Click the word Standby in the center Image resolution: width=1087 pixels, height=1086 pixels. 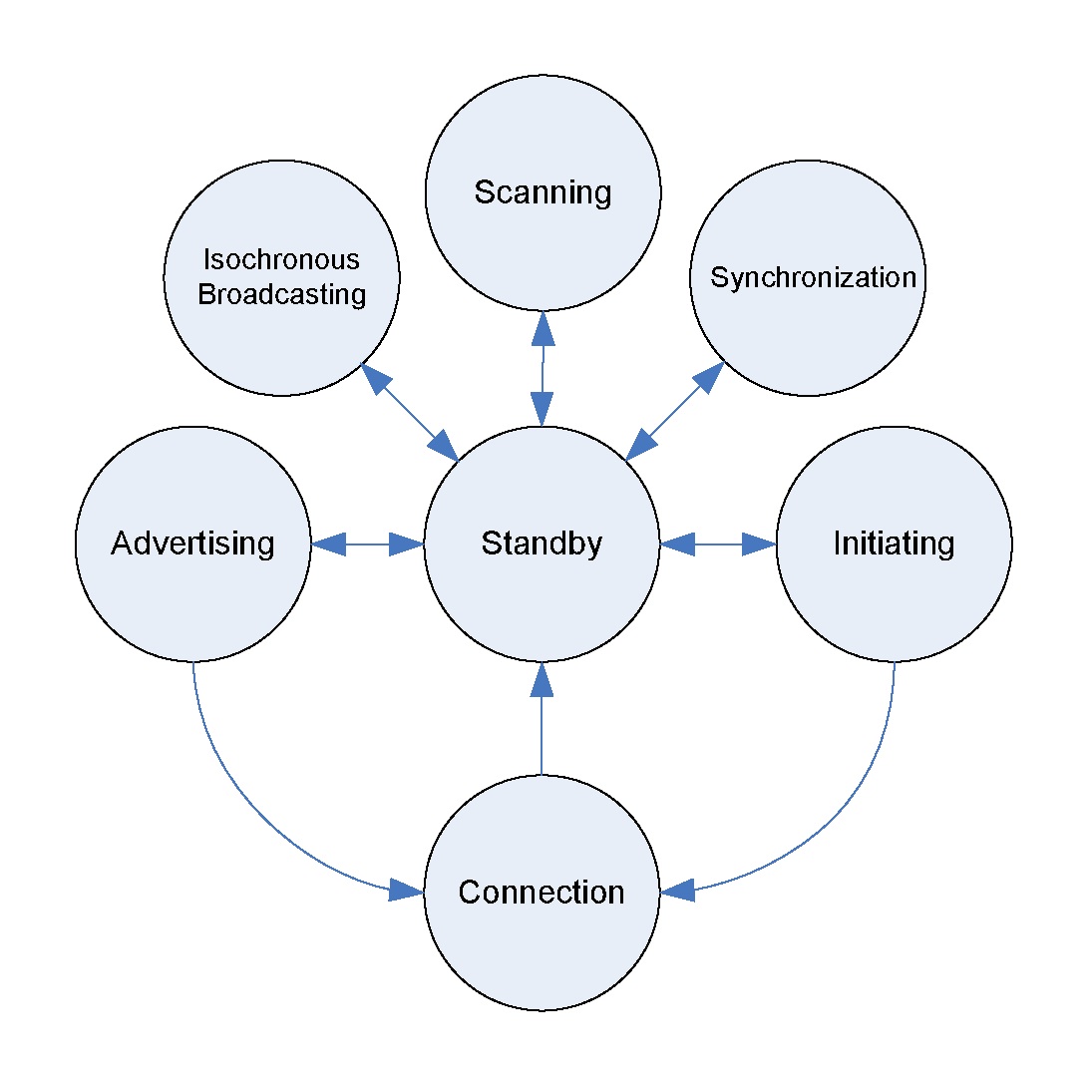542,543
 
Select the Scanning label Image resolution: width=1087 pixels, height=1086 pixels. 543,191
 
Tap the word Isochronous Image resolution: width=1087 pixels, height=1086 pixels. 281,260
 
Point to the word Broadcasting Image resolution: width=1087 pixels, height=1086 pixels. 281,295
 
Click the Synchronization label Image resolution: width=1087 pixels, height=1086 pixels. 813,277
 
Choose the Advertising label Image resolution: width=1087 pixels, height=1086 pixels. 192,543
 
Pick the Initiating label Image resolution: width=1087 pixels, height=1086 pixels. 894,543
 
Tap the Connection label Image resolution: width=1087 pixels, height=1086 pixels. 542,892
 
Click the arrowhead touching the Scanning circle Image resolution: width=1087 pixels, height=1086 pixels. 543,327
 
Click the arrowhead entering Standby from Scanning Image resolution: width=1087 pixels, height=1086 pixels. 542,409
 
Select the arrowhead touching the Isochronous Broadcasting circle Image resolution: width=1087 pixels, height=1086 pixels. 376,379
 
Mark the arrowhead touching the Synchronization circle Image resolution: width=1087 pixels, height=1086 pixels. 708,377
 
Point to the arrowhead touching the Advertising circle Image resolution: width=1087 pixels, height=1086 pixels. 328,543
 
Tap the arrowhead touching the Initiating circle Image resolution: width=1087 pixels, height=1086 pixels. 760,543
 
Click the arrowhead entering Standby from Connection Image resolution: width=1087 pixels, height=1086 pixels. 542,678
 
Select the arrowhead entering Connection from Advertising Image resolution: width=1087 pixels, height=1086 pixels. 406,890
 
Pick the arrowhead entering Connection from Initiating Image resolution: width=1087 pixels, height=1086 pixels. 678,891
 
